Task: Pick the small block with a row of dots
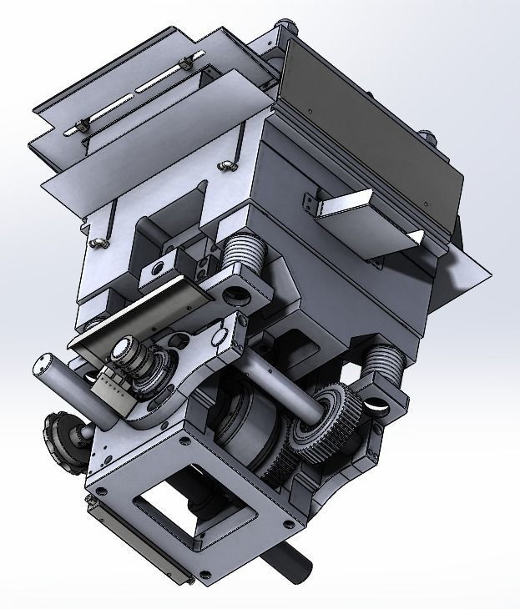pos(112,387)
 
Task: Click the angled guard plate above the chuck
pos(134,313)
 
